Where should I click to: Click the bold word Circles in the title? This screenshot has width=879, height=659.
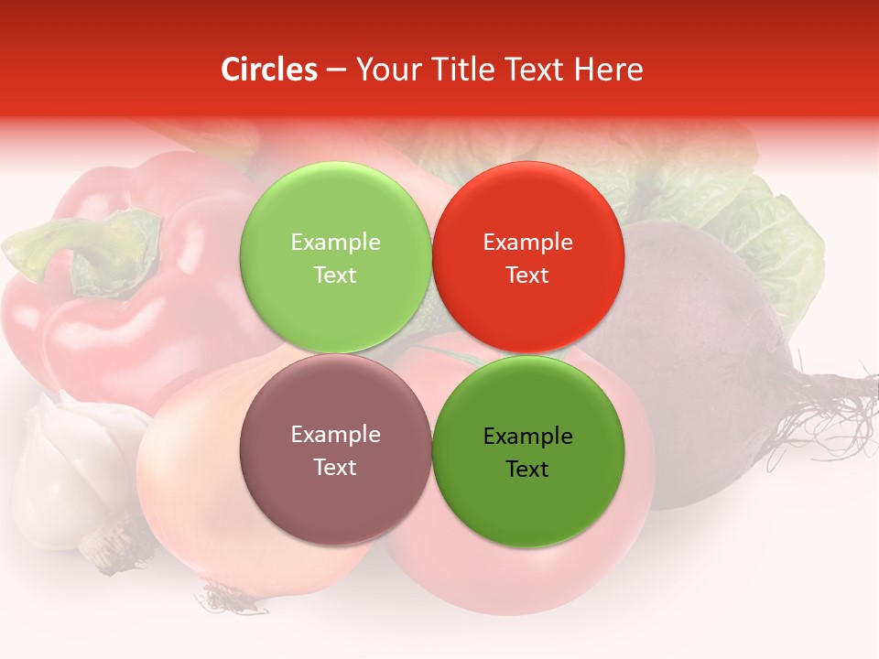coord(269,70)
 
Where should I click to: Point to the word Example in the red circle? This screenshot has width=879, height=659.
coord(527,243)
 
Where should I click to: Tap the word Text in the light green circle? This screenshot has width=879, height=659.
coord(335,275)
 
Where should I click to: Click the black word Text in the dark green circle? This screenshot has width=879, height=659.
coord(527,470)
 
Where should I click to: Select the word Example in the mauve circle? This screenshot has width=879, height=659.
coord(335,435)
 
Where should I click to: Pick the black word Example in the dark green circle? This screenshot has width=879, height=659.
coord(527,437)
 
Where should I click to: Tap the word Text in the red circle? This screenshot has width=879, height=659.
coord(527,275)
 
